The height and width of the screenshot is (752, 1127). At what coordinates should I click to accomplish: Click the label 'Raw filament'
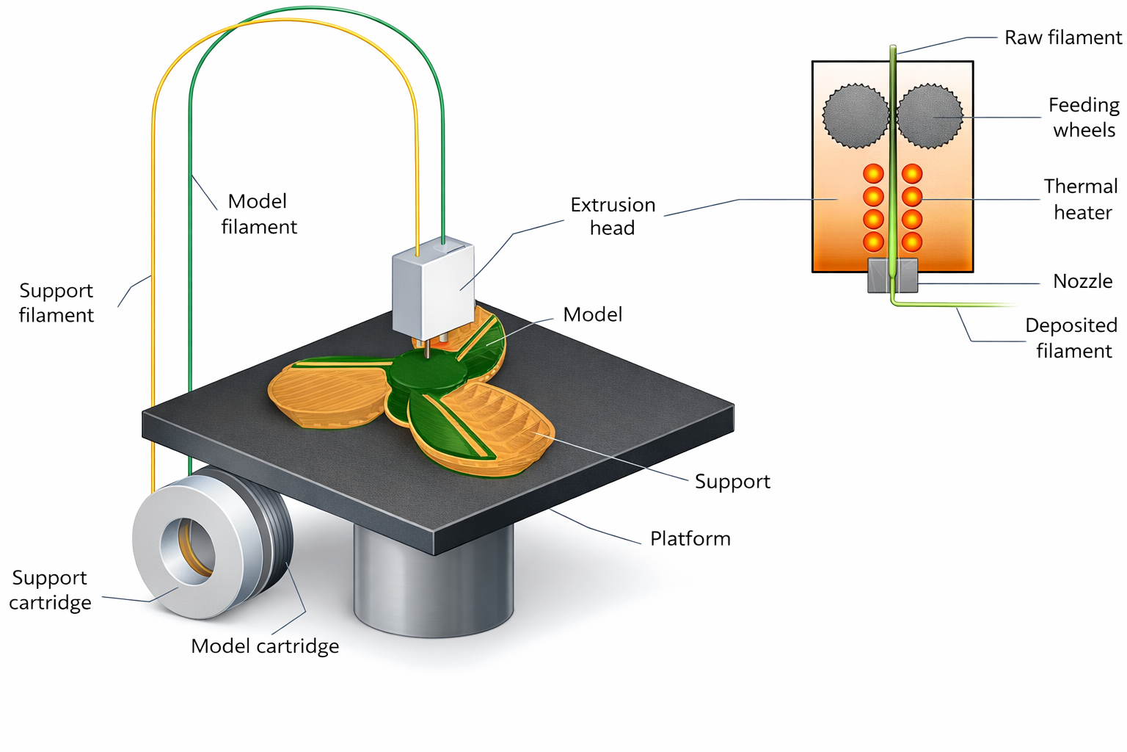click(x=1062, y=37)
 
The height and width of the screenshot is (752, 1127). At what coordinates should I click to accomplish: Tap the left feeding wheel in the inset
click(x=856, y=116)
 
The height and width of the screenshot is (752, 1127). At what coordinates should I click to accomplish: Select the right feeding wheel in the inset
click(x=930, y=116)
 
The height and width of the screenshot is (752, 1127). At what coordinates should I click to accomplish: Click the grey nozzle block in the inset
click(x=892, y=276)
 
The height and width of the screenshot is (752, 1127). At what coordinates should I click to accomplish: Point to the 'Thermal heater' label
click(x=1082, y=199)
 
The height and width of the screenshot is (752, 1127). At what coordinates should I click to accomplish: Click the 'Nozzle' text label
click(x=1082, y=281)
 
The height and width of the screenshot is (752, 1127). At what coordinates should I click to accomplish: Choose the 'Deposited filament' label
click(x=1071, y=338)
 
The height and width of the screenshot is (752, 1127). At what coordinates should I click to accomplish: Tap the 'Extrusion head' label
click(x=613, y=216)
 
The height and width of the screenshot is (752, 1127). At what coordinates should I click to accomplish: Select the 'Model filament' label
click(x=258, y=214)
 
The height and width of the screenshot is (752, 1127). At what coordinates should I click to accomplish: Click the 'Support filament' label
click(x=56, y=303)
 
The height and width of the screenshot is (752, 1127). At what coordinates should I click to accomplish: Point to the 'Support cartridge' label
click(x=50, y=590)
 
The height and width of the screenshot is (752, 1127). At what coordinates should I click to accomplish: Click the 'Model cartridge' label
click(x=265, y=646)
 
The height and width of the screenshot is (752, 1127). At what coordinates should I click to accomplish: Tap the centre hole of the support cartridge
click(x=189, y=551)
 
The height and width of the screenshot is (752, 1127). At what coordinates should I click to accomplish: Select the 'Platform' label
click(x=690, y=539)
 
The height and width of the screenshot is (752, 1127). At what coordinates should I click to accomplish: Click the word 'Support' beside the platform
click(x=732, y=482)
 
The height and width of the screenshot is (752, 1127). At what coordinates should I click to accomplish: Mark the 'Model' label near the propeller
click(x=592, y=315)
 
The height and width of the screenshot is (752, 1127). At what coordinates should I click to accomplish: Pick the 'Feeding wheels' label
click(x=1084, y=117)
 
